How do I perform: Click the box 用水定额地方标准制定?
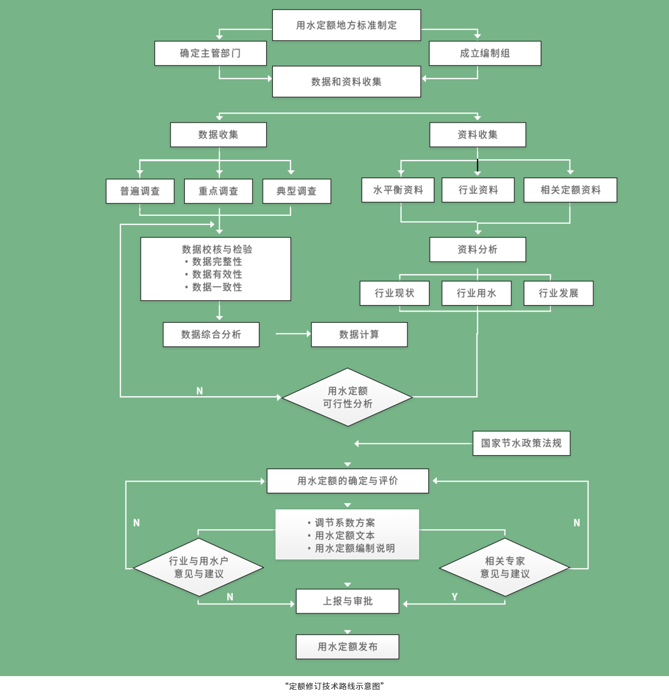pos(346,25)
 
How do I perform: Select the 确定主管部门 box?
pos(210,53)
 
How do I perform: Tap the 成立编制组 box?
pos(485,53)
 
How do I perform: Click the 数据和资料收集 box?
pos(346,82)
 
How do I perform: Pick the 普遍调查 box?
pos(140,191)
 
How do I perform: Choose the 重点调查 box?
pos(218,191)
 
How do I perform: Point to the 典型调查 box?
pos(297,191)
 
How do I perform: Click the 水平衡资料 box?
pos(398,190)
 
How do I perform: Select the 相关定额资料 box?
pos(570,190)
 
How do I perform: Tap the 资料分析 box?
pos(477,249)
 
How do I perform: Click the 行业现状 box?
pos(394,293)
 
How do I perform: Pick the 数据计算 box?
pos(359,335)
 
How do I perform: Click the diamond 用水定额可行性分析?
pos(347,397)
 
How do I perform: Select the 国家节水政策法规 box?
pos(521,443)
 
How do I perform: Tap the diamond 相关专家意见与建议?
pos(505,567)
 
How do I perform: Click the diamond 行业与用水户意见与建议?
pos(198,567)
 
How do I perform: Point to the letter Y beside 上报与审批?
pos(454,597)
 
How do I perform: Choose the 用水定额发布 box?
pos(347,647)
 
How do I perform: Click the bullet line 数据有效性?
pos(216,274)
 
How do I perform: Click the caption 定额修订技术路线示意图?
pos(334,686)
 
